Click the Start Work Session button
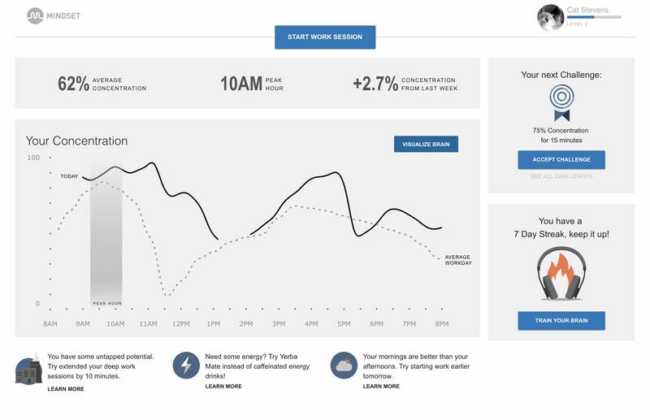(325, 37)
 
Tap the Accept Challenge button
(561, 159)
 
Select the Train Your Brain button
(561, 321)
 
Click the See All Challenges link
(561, 177)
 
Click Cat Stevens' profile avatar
(551, 17)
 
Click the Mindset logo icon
(35, 15)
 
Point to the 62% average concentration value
(73, 84)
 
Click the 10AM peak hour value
(240, 84)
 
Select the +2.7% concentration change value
(375, 84)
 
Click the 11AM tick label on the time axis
(148, 324)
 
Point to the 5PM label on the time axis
(344, 324)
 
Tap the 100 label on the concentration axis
(33, 158)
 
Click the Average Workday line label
(458, 260)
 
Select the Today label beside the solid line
(69, 176)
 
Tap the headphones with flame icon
(561, 275)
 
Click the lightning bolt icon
(186, 366)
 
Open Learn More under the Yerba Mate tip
(223, 387)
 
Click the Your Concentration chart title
(76, 141)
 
